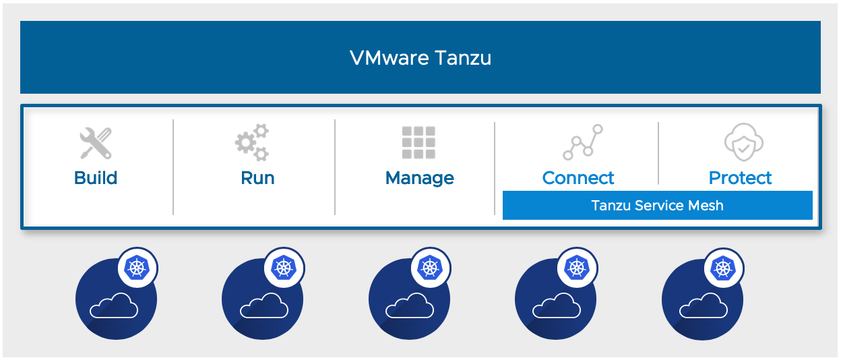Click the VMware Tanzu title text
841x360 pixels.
(421, 58)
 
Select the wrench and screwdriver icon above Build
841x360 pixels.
(96, 143)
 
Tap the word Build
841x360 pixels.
(96, 178)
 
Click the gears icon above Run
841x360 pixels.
(252, 142)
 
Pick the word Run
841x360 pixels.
(257, 178)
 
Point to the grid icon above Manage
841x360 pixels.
(418, 142)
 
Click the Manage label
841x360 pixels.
(419, 178)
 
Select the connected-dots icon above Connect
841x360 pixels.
(582, 142)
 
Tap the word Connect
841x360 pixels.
(578, 178)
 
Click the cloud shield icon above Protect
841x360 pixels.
(741, 142)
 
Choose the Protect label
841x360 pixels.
(740, 178)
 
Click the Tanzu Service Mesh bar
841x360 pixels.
(657, 205)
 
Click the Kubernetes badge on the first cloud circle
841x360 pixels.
(137, 268)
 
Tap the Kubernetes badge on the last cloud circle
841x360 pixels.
(724, 268)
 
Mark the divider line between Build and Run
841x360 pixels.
(173, 167)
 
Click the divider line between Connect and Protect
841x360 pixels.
(658, 153)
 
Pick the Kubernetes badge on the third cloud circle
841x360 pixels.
(430, 268)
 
